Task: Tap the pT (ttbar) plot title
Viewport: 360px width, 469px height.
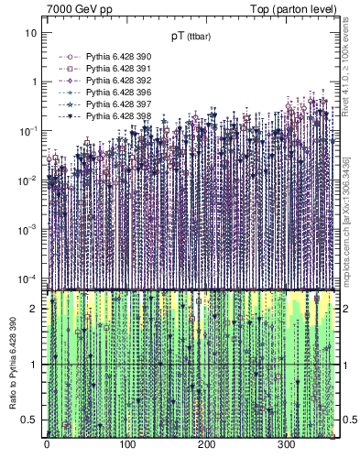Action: (x=189, y=37)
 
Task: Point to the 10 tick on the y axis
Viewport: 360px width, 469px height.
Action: (x=30, y=33)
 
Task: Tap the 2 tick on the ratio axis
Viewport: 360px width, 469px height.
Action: (x=34, y=309)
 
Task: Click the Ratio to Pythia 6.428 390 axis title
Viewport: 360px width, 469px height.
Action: (x=12, y=362)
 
